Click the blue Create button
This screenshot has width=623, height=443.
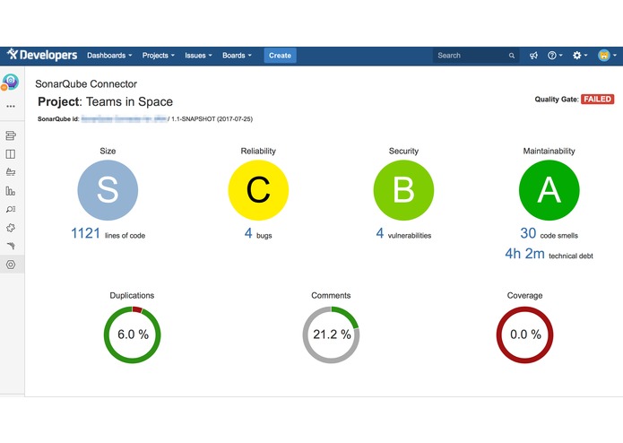[x=280, y=56]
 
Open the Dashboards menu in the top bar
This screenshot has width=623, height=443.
[x=109, y=56]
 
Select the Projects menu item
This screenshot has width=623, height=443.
[x=159, y=56]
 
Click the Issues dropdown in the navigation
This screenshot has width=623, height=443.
[x=198, y=56]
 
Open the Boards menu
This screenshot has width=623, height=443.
[x=237, y=56]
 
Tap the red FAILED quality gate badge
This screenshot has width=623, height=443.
[x=598, y=100]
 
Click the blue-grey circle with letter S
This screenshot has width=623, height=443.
[x=108, y=190]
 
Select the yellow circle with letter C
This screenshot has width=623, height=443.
[x=258, y=190]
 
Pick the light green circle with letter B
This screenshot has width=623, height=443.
[x=403, y=190]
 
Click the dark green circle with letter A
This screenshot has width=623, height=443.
[x=549, y=190]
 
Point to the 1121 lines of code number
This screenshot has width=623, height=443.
[x=86, y=234]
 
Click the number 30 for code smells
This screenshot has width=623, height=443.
[x=528, y=234]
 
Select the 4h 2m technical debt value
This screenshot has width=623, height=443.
[x=524, y=255]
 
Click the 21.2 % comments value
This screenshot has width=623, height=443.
[x=331, y=334]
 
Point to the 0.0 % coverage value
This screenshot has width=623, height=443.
[x=524, y=334]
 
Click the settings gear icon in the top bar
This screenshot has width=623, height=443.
[x=578, y=56]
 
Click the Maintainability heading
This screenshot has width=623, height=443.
[x=549, y=152]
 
